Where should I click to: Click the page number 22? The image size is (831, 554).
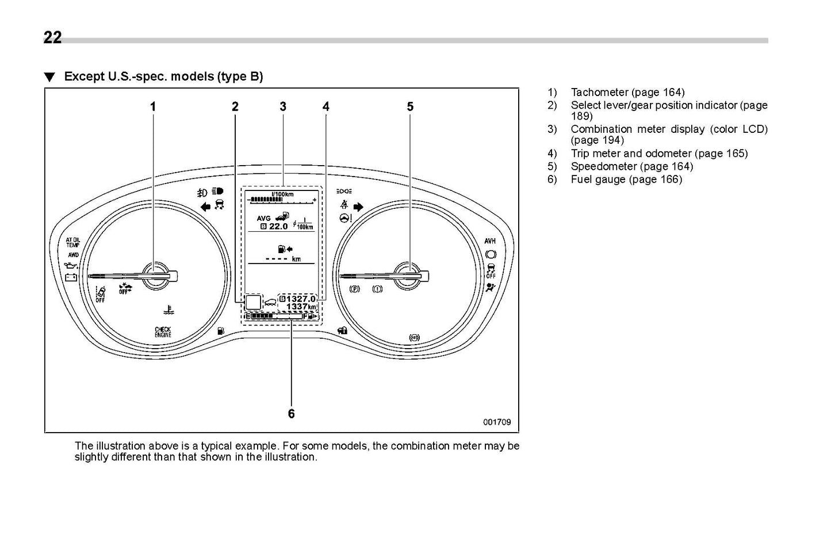[52, 37]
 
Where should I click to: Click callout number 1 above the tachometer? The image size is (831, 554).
[153, 106]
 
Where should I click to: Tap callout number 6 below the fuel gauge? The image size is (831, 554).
[291, 414]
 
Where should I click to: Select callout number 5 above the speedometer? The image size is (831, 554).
[410, 106]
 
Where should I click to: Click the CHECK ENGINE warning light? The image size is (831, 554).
[163, 332]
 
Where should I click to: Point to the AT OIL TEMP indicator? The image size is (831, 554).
[72, 242]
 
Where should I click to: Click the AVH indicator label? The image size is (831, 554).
[490, 241]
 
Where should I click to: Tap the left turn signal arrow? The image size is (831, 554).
[205, 207]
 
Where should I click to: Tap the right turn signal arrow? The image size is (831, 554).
[359, 207]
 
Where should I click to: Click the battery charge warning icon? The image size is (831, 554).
[71, 277]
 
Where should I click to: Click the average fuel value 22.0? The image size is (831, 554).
[278, 227]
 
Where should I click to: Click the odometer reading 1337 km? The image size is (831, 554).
[301, 307]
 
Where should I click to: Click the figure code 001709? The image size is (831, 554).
[497, 422]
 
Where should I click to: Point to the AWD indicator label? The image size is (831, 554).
[73, 255]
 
